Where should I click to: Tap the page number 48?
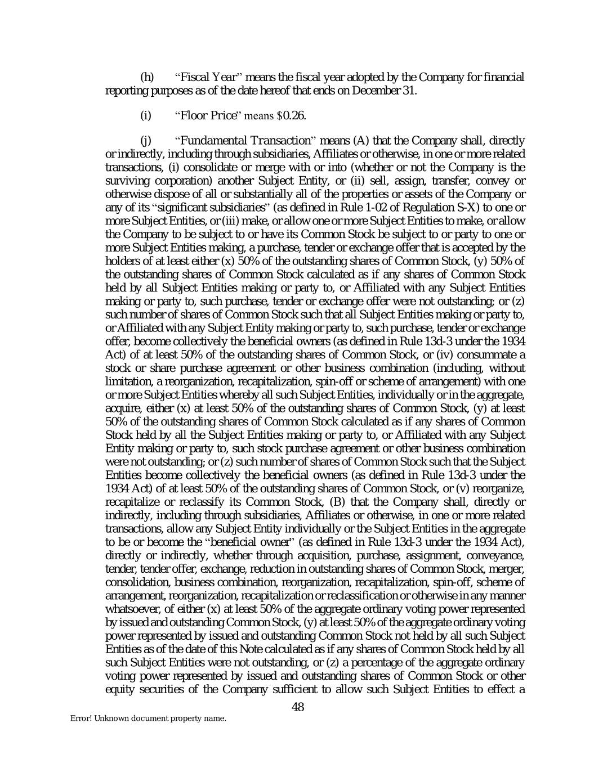click(x=298, y=707)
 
